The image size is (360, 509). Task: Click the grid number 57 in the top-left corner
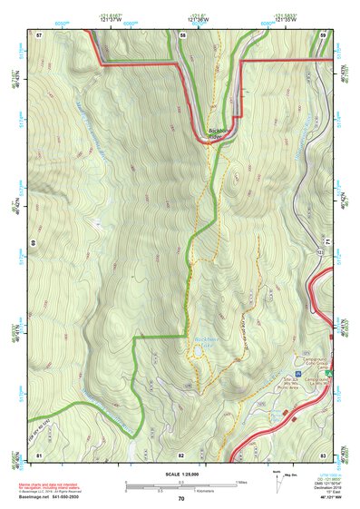pyautogui.click(x=39, y=34)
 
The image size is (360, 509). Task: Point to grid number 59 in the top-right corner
pyautogui.click(x=323, y=34)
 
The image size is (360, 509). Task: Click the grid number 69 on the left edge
pyautogui.click(x=33, y=244)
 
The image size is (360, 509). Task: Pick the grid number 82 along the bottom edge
pyautogui.click(x=181, y=454)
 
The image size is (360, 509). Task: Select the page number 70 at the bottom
pyautogui.click(x=181, y=499)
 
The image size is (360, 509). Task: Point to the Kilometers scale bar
pyautogui.click(x=181, y=489)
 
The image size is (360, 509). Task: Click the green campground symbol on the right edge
pyautogui.click(x=329, y=372)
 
